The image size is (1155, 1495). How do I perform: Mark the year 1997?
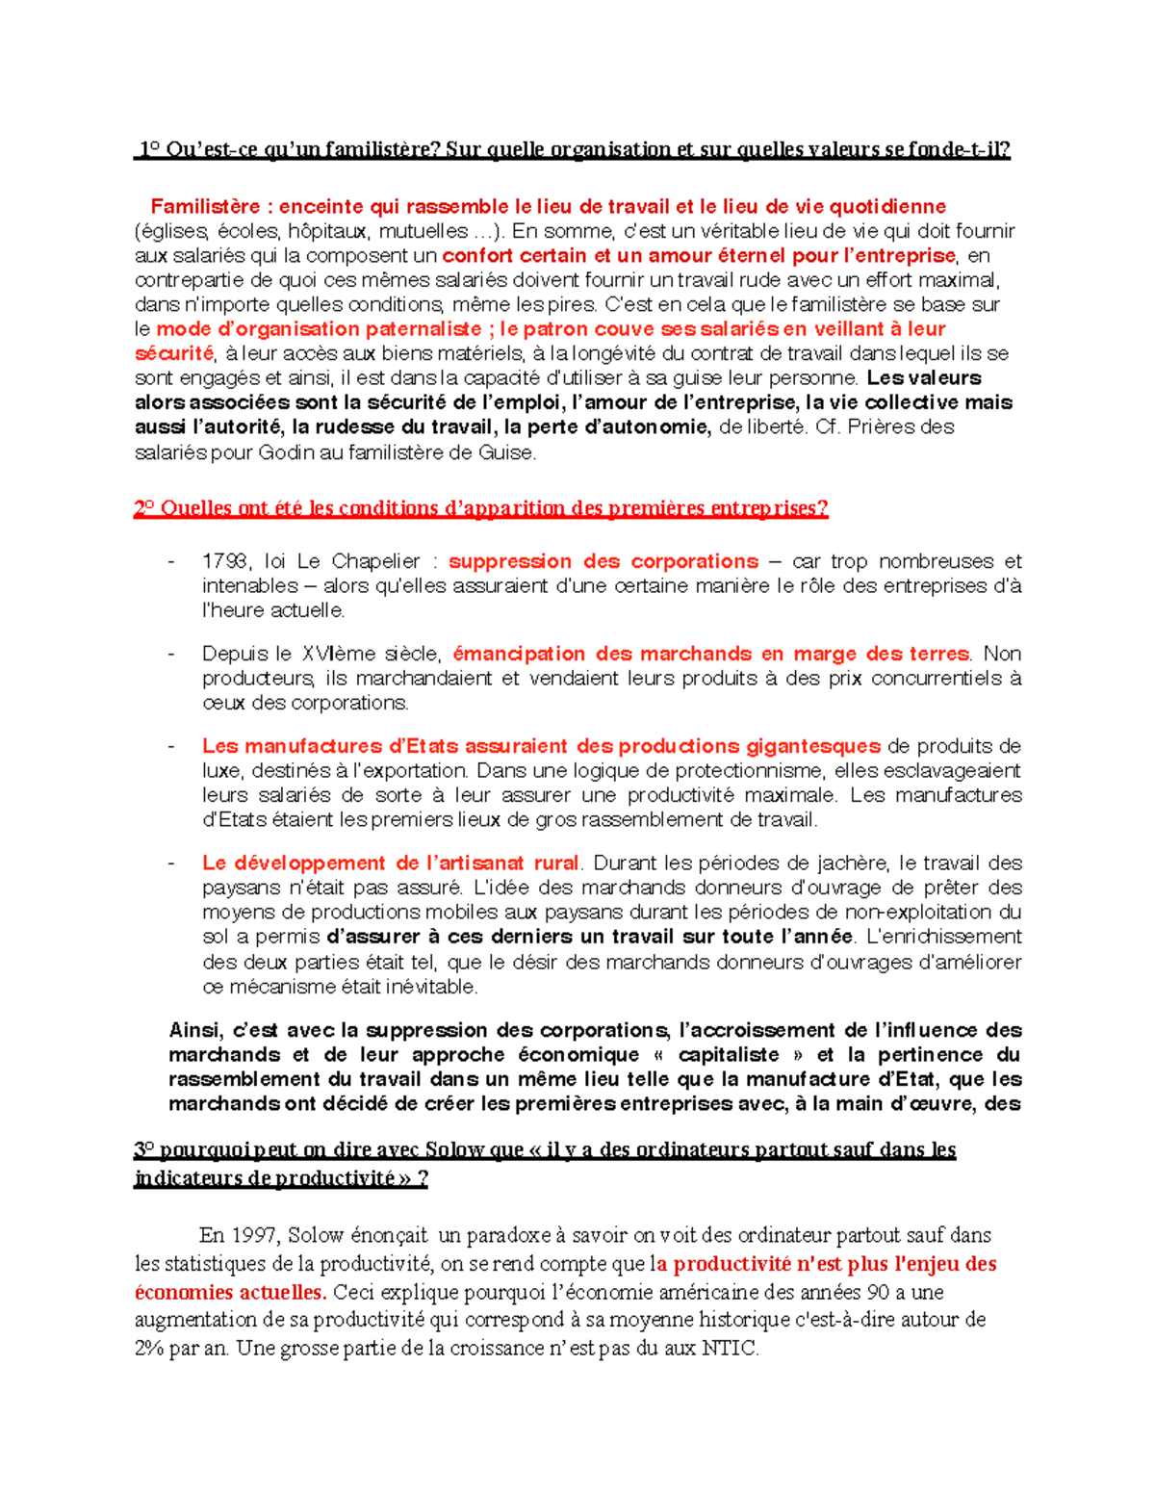click(x=252, y=1235)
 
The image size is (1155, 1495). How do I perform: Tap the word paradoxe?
click(x=520, y=1235)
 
